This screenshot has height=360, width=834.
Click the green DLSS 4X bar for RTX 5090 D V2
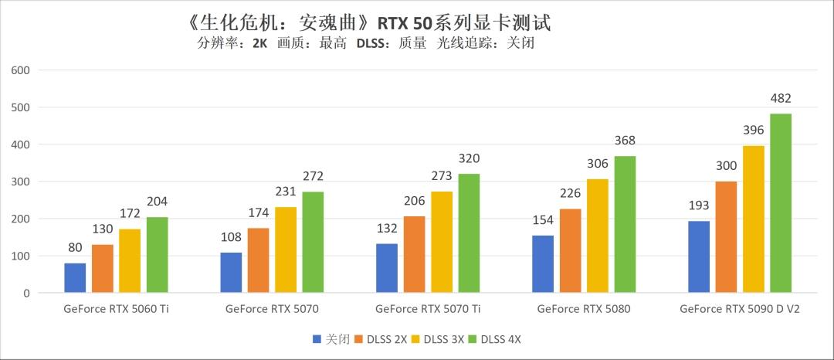[780, 203]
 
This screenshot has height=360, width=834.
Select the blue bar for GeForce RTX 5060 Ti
[75, 278]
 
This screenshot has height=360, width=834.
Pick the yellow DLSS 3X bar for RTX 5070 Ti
[441, 243]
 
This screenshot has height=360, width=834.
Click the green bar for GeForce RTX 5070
[313, 243]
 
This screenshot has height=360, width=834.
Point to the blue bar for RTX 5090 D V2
[699, 257]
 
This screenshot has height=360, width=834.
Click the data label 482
[780, 99]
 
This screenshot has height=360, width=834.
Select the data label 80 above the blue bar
[75, 248]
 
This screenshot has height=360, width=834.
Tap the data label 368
[625, 141]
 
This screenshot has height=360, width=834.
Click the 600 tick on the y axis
[20, 70]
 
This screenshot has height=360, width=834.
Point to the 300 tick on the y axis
[20, 182]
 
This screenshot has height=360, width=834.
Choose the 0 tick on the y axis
[25, 294]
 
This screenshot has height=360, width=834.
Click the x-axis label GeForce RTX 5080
[583, 309]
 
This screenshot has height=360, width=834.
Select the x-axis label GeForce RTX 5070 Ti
[427, 309]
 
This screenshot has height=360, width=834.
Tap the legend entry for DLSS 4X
[500, 339]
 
